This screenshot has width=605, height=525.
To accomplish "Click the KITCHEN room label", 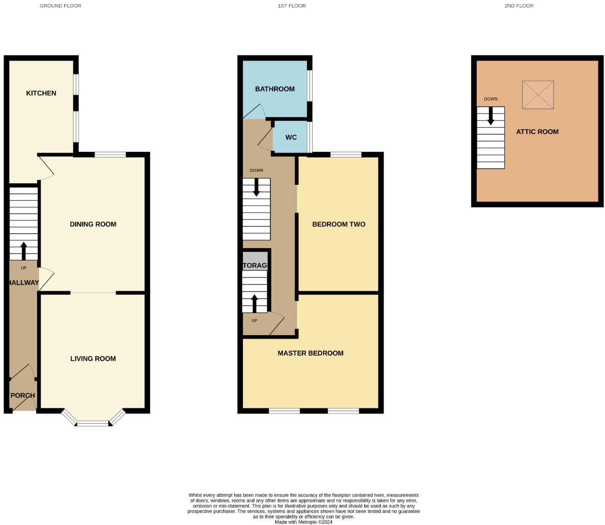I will click(x=41, y=93).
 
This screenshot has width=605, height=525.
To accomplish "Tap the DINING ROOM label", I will click(x=93, y=224).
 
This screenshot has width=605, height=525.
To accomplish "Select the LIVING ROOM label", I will click(x=93, y=358).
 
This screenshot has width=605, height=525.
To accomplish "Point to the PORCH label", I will click(x=23, y=395).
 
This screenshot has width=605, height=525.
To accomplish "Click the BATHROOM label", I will click(x=275, y=89).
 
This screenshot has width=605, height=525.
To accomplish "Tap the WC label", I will click(x=291, y=137).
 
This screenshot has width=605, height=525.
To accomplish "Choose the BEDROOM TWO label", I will click(x=339, y=224).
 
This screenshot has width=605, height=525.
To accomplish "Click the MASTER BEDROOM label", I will click(x=311, y=353).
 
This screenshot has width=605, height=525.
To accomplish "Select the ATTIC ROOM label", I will click(x=537, y=132).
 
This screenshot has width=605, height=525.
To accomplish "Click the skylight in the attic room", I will click(x=538, y=95).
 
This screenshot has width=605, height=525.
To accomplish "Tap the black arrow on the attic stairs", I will click(x=491, y=116).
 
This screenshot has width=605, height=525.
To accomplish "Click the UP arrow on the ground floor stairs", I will click(x=24, y=250).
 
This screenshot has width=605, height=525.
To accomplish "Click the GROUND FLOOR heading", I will click(x=61, y=6).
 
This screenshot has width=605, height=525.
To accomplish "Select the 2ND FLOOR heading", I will click(x=519, y=6).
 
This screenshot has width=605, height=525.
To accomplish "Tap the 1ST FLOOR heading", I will click(x=292, y=6).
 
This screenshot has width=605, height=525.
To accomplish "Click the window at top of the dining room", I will click(x=110, y=155).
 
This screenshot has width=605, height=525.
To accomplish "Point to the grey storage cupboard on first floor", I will click(x=255, y=262).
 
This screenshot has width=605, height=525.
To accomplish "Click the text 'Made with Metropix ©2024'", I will click(x=304, y=522).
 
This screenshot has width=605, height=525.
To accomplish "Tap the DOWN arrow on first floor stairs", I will click(x=256, y=187).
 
